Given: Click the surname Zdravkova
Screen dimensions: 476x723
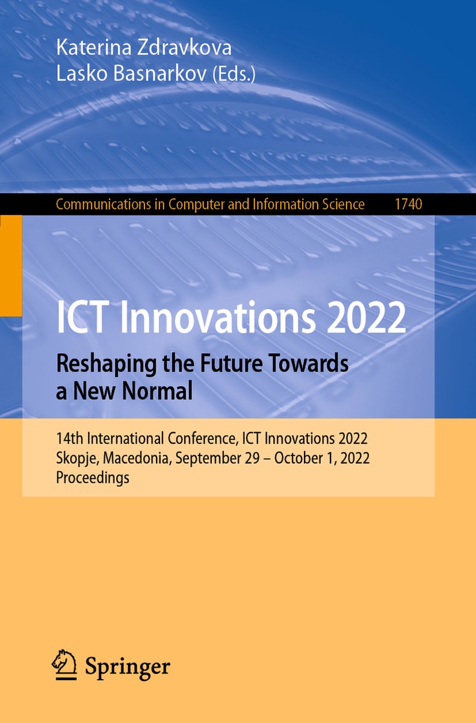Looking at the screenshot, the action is tap(184, 47).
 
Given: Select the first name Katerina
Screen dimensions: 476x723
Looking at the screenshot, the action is tap(94, 47).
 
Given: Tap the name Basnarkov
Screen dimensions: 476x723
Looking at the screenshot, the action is tap(159, 74).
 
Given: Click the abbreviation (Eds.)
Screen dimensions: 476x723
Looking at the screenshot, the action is tap(233, 75).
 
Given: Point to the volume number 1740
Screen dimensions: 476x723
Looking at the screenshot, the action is tap(409, 204).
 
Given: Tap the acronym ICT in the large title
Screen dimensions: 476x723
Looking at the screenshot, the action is tap(81, 318).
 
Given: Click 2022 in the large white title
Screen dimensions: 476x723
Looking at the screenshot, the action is tap(366, 318).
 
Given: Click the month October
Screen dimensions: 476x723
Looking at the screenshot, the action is tap(294, 458).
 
